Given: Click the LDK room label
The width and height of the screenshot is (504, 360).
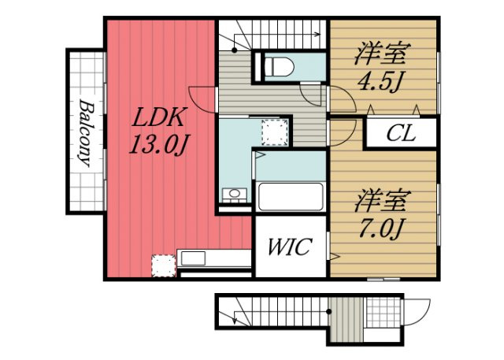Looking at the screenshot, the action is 159,118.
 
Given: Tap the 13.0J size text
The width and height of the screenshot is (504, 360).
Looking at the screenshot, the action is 158,144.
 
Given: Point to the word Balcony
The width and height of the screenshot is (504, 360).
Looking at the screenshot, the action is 85,133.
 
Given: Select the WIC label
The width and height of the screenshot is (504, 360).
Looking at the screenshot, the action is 290,247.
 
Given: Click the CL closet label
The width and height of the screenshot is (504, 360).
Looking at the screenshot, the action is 401,133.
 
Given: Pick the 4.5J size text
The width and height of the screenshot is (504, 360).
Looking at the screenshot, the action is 380,81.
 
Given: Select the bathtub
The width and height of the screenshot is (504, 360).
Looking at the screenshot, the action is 291,197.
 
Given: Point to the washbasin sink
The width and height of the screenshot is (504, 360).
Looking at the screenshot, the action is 235,194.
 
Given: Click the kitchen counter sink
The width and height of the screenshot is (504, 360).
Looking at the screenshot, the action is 193,258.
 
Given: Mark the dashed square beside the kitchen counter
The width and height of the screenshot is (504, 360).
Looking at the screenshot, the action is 164,265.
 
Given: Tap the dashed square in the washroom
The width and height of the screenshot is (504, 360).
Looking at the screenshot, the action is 275,132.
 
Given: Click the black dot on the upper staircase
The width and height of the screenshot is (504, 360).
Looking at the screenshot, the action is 235,50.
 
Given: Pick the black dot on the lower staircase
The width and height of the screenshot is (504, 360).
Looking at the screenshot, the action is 328,311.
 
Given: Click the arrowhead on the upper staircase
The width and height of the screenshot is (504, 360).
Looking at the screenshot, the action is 318,34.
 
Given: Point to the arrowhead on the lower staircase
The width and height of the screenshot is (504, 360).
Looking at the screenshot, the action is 235,321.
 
